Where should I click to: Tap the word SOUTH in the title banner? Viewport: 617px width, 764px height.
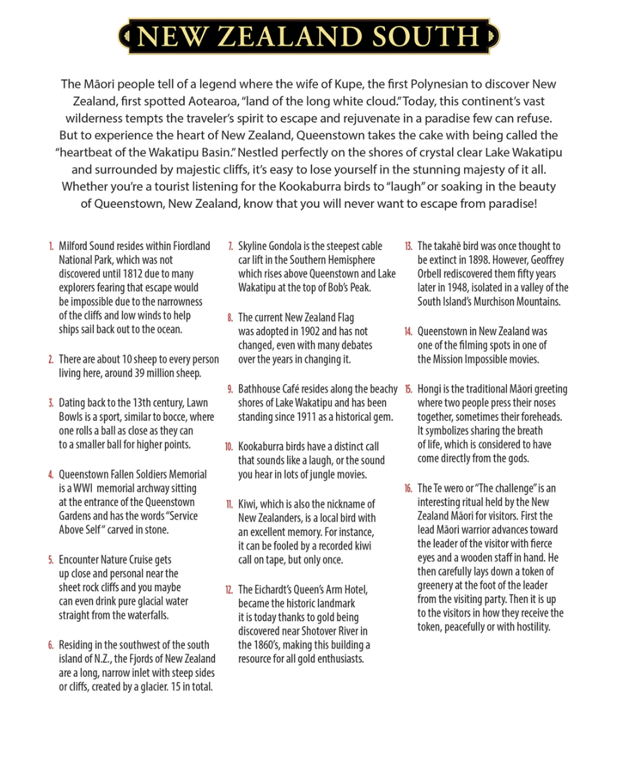pos(427,37)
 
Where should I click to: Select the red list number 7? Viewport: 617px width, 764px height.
pos(231,247)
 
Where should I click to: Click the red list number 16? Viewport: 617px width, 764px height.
pos(408,489)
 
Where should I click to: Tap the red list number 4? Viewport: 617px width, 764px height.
pos(50,474)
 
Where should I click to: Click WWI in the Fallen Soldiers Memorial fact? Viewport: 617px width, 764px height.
pos(84,489)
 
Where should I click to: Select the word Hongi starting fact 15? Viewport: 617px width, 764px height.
pos(430,389)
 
